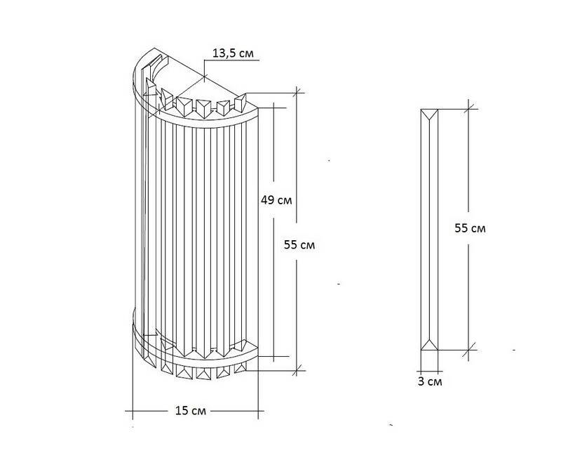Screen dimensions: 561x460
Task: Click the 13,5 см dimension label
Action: (x=233, y=53)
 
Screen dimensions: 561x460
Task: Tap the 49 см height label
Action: (x=276, y=200)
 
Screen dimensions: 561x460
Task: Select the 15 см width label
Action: (x=190, y=411)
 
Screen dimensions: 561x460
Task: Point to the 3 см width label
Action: (x=430, y=381)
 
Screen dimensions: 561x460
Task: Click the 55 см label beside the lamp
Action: (x=299, y=245)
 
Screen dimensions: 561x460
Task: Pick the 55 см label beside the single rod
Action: (x=470, y=228)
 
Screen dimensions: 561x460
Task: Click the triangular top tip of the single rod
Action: (x=429, y=114)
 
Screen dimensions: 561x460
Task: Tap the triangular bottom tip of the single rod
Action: (x=429, y=345)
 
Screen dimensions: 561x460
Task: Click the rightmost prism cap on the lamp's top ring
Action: (x=241, y=103)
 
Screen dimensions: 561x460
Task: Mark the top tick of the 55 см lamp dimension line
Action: (x=297, y=93)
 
